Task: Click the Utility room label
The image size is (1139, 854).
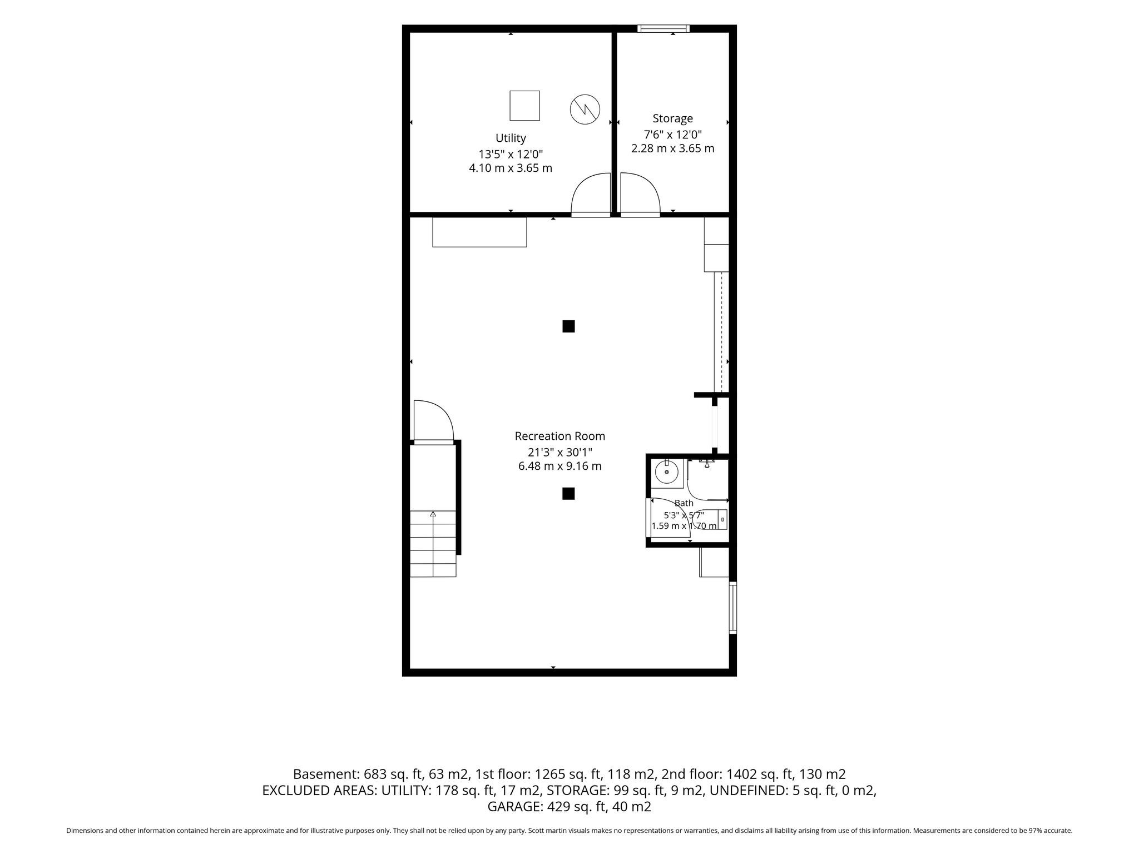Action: [x=511, y=138]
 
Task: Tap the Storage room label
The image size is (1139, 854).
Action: [x=672, y=118]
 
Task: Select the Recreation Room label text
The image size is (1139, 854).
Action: [x=559, y=436]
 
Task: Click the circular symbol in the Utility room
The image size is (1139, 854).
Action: [x=585, y=109]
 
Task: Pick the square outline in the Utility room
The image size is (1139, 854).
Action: [x=524, y=106]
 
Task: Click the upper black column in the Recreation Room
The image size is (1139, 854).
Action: [x=568, y=326]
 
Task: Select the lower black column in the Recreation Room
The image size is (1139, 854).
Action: [x=568, y=494]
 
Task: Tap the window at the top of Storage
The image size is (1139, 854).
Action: [x=663, y=28]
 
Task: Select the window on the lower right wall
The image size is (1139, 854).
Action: [x=733, y=608]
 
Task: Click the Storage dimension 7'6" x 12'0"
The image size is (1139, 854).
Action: [x=672, y=134]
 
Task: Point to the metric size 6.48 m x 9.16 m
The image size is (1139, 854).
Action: [x=559, y=466]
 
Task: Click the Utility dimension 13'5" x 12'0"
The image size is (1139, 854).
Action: [x=511, y=154]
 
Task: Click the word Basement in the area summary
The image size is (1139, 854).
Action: [x=326, y=774]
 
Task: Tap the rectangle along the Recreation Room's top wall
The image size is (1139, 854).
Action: [x=479, y=232]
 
